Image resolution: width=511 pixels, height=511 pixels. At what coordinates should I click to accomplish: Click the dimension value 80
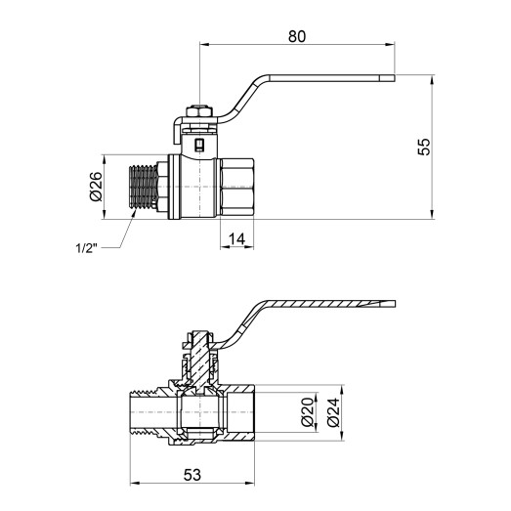(x=297, y=36)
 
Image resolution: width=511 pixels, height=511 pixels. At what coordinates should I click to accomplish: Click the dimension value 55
(x=424, y=147)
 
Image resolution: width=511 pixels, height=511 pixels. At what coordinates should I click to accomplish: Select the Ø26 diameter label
(x=96, y=187)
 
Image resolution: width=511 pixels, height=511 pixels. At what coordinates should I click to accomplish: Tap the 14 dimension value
(x=236, y=239)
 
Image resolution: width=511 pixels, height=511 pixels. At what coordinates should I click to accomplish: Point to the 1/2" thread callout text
(x=87, y=248)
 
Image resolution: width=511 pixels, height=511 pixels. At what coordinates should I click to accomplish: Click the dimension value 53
(x=192, y=475)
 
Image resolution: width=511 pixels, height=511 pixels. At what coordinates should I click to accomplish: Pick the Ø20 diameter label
(x=308, y=412)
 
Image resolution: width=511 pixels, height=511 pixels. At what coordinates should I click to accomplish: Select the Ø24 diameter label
(x=333, y=412)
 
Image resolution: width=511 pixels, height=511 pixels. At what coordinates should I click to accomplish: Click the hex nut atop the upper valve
(x=199, y=111)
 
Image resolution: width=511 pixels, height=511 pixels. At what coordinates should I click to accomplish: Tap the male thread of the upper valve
(x=144, y=187)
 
